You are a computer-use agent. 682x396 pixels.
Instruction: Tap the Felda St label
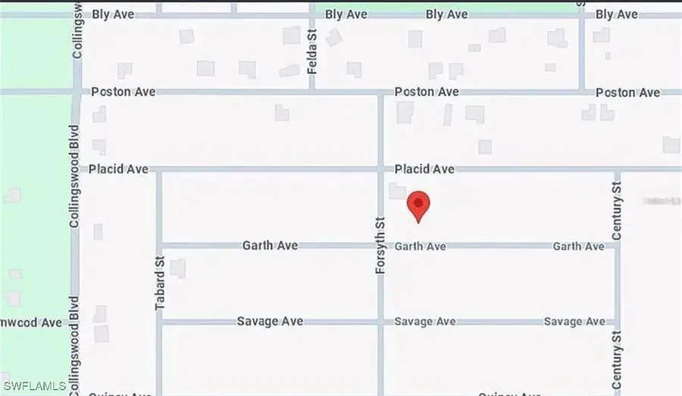pos(311,51)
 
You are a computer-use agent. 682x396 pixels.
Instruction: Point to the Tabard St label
pos(160,282)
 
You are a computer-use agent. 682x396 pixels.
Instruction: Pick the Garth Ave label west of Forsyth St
pos(270,245)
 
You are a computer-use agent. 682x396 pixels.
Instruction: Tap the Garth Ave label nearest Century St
pos(578,246)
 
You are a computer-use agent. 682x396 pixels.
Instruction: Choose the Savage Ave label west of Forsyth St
pos(270,321)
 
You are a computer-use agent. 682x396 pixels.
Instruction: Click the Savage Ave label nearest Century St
pos(574,322)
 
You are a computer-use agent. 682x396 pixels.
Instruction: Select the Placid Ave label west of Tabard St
pos(118,169)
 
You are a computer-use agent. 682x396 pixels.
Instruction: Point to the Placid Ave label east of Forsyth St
pos(424,169)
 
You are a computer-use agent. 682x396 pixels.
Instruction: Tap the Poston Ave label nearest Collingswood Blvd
pos(124,92)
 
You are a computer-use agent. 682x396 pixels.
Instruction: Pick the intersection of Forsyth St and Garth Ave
pos(380,246)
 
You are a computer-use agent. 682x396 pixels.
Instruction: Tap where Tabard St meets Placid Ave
pos(160,170)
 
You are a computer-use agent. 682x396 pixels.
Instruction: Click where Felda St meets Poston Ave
pos(311,92)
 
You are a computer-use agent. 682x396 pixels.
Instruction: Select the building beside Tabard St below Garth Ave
pos(178,268)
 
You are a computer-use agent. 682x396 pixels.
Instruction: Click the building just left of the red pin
pos(397,191)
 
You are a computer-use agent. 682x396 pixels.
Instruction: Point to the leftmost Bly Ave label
pos(113,14)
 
